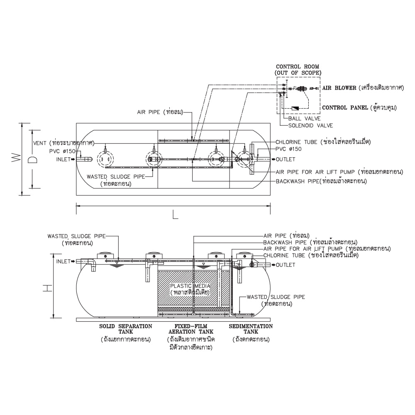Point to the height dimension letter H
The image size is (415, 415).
[49, 287]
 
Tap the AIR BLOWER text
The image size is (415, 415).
[339, 88]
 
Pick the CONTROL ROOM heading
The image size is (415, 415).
[298, 69]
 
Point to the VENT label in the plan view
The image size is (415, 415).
[40, 143]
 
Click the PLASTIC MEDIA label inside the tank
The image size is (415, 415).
[190, 286]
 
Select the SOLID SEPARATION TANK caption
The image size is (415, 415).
[126, 329]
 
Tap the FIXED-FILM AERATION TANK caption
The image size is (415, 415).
[191, 329]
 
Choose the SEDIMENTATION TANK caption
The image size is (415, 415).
[251, 329]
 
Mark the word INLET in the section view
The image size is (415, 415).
[63, 261]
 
